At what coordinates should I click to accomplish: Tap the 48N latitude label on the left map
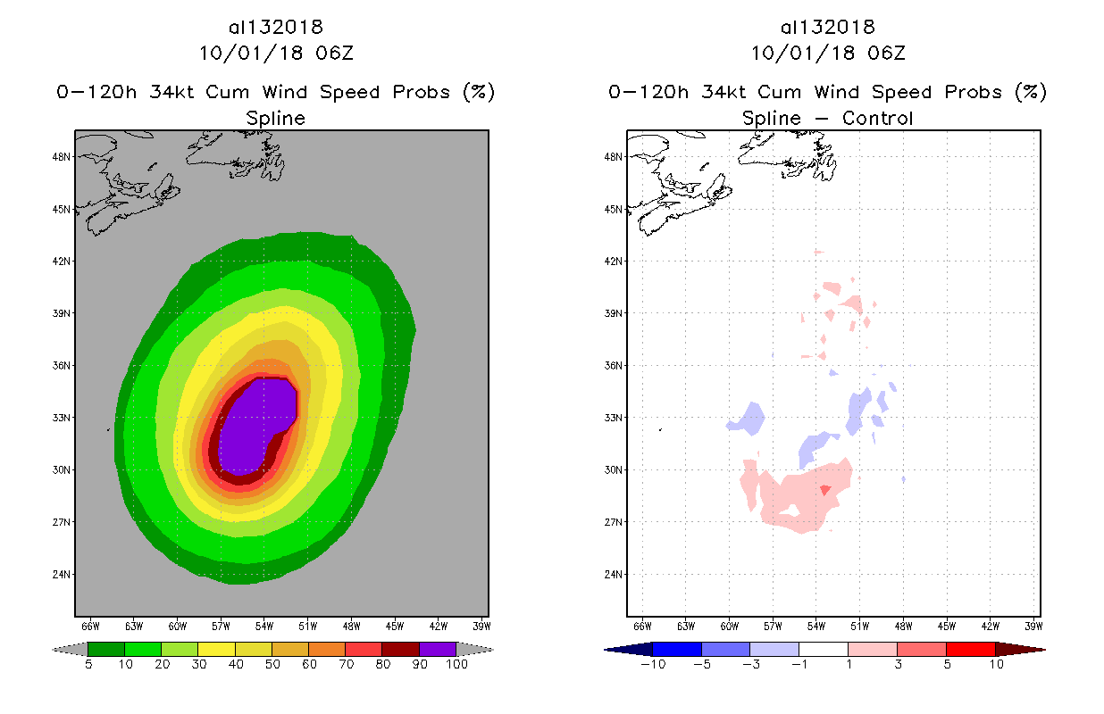63,156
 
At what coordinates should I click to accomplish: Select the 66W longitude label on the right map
641,626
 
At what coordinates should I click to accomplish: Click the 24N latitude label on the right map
615,574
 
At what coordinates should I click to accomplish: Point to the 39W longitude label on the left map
481,626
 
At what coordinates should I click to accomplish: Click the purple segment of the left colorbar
438,649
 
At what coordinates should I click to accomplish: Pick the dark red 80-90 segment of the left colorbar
400,649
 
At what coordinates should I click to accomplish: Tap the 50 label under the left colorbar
272,665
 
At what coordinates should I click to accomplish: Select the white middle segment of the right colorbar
823,649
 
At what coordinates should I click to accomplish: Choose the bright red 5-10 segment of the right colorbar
970,649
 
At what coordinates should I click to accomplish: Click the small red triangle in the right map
826,490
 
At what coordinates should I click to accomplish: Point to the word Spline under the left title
275,118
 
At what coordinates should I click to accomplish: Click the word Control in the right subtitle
878,118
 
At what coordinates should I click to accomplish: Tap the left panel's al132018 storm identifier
275,27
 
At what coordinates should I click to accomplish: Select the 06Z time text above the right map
886,53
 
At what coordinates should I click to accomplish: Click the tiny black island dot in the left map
108,430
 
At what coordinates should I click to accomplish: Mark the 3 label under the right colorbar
897,665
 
